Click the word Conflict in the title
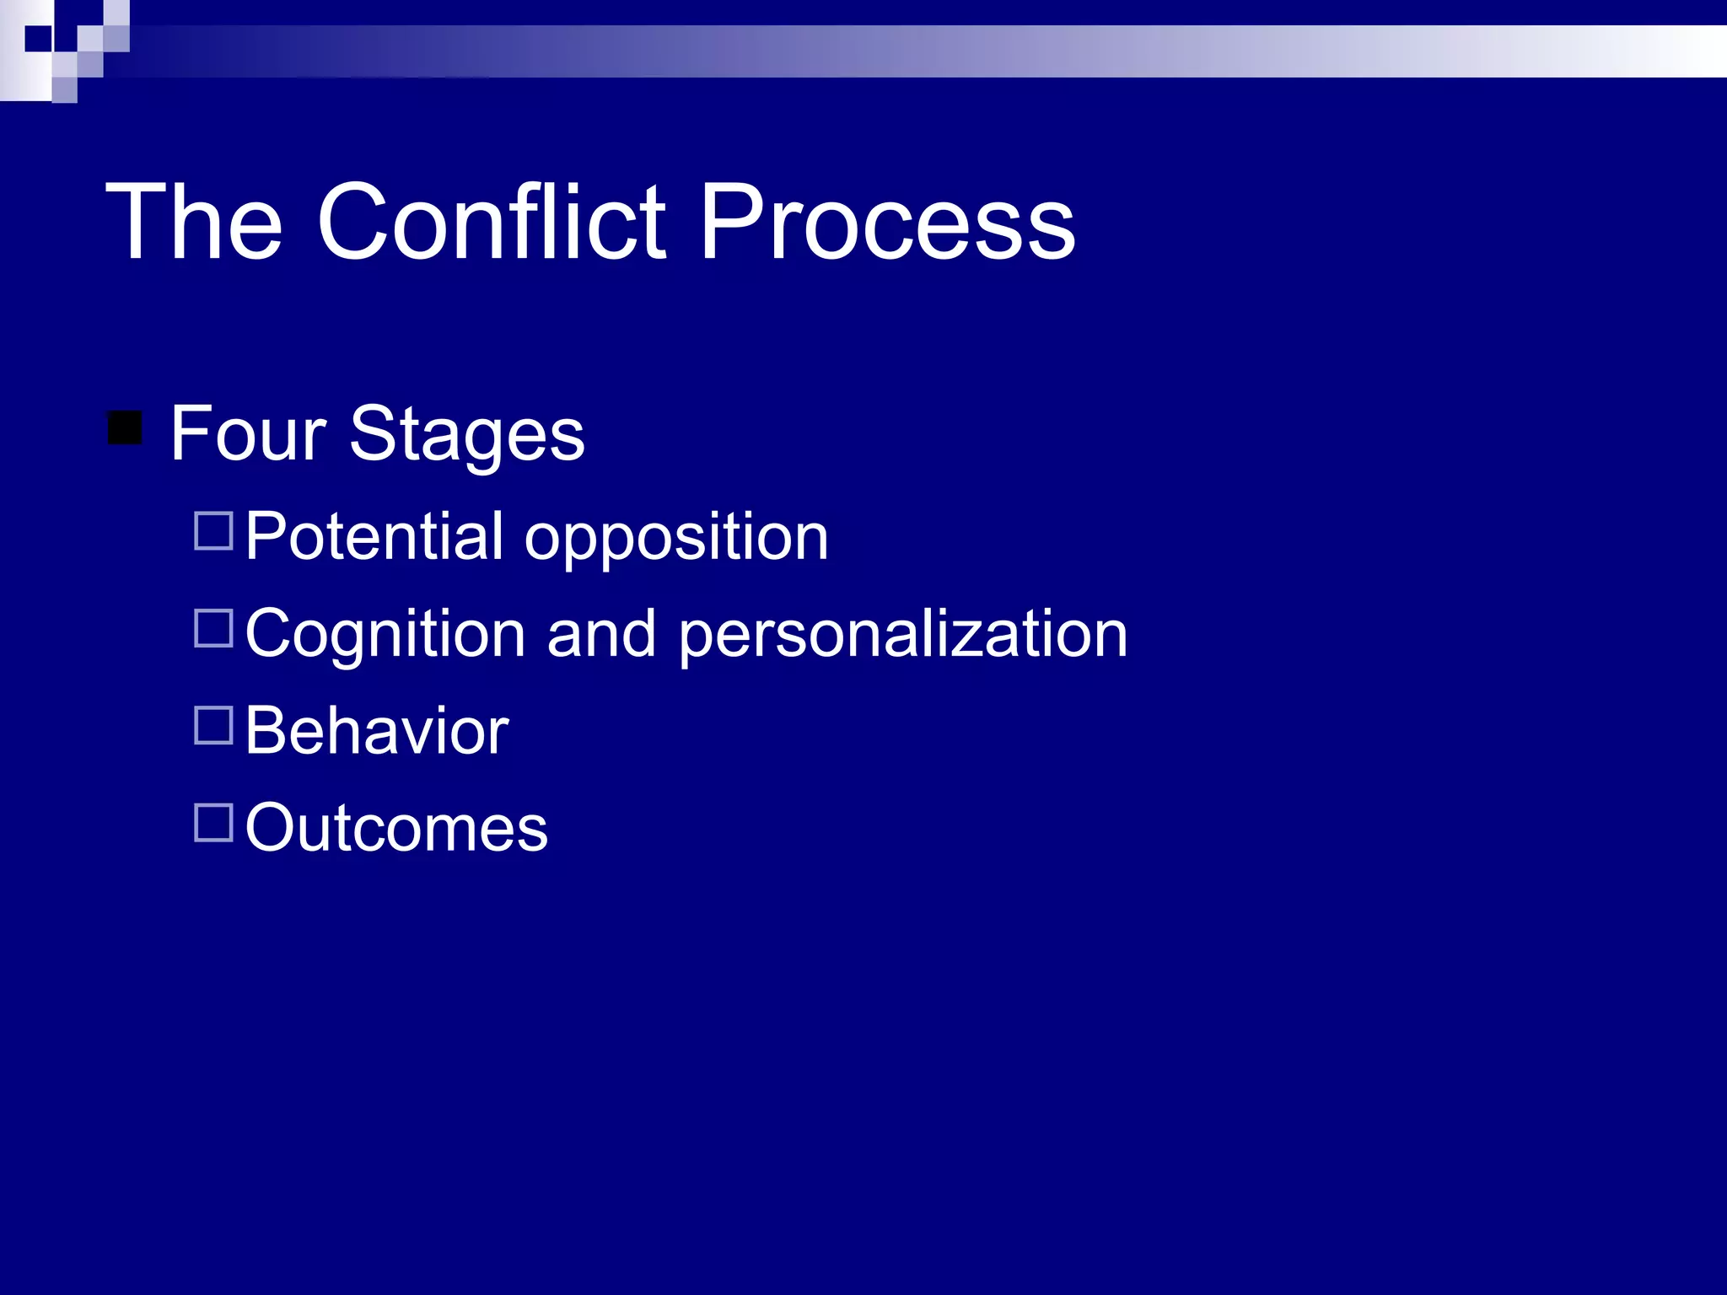coord(492,222)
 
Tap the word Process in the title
coord(887,222)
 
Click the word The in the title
coord(194,222)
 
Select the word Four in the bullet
coord(248,433)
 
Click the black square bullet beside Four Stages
coord(125,427)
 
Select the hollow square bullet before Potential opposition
coord(213,531)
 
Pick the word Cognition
coord(385,635)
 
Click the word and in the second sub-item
coord(600,634)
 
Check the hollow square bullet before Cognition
coord(213,629)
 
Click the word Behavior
coord(377,731)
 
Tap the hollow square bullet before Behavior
coord(213,725)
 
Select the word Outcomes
coord(396,828)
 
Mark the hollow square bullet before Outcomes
coord(213,823)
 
